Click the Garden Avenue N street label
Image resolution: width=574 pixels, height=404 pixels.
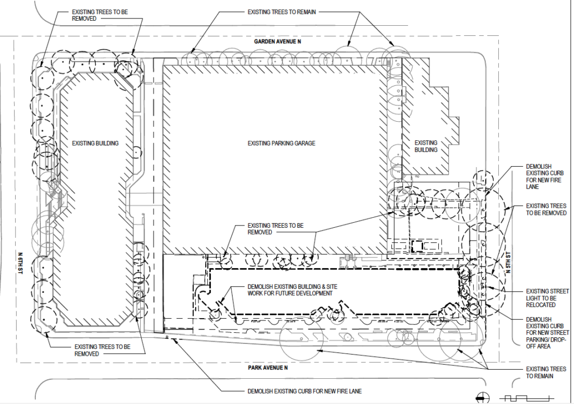pyautogui.click(x=278, y=42)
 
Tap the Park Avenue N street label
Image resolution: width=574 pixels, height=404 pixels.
pyautogui.click(x=267, y=368)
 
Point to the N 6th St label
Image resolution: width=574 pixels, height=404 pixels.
pyautogui.click(x=20, y=259)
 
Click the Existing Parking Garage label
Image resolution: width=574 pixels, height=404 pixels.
pyautogui.click(x=281, y=144)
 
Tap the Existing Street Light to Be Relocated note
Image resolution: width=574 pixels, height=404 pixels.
pyautogui.click(x=547, y=297)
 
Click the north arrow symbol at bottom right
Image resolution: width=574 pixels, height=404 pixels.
pyautogui.click(x=480, y=397)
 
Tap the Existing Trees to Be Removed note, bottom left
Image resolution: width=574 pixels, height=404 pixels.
pyautogui.click(x=102, y=350)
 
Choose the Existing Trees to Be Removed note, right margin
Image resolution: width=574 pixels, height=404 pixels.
pyautogui.click(x=546, y=209)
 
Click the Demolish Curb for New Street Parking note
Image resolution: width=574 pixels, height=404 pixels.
pyautogui.click(x=546, y=333)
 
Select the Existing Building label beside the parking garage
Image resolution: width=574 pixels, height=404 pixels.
pyautogui.click(x=425, y=146)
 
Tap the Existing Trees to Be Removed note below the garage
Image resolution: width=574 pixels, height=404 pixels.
pyautogui.click(x=275, y=228)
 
